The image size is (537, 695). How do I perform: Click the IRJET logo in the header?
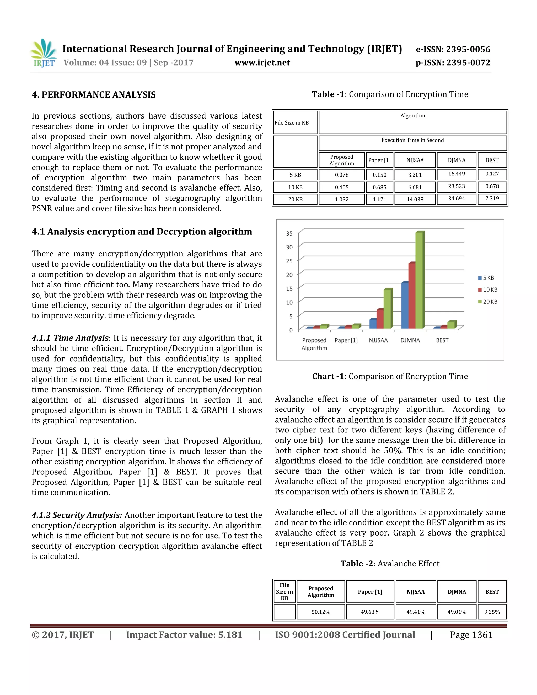click(44, 53)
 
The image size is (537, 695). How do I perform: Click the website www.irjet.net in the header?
click(262, 63)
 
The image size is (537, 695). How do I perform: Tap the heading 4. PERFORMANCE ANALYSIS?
click(94, 95)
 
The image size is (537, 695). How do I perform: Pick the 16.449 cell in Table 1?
click(456, 174)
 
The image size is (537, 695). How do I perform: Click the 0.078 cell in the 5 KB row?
click(341, 175)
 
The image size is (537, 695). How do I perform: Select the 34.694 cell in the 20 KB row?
click(456, 199)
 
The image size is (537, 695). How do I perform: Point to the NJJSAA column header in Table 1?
click(415, 160)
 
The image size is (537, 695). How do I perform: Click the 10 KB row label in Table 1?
click(295, 187)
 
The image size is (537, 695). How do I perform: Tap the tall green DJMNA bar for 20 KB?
click(419, 280)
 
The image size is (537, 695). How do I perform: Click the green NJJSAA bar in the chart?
click(387, 309)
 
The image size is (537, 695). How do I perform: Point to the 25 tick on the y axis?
click(289, 261)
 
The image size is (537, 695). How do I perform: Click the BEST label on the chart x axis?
click(442, 340)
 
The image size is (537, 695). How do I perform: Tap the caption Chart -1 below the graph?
click(390, 376)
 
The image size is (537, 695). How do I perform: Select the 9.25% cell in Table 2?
click(492, 612)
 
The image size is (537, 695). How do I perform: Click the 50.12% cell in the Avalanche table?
click(320, 612)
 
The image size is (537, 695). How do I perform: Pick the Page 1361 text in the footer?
click(471, 635)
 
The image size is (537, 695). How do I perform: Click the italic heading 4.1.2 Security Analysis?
click(77, 515)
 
